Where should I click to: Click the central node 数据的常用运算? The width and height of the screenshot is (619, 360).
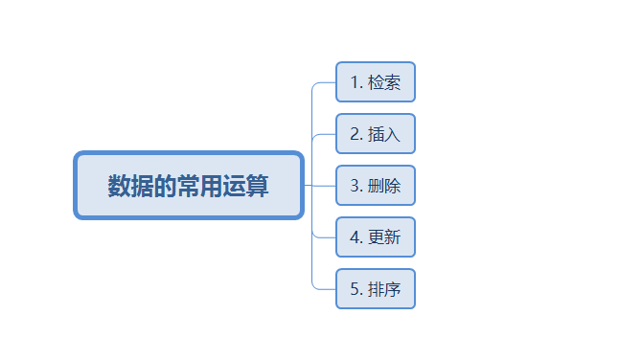click(x=189, y=185)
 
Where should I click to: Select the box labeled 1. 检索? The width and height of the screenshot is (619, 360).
click(x=376, y=81)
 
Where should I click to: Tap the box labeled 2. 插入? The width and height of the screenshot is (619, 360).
click(x=376, y=133)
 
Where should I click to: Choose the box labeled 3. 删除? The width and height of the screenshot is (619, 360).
click(x=376, y=185)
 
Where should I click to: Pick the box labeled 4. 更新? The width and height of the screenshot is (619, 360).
click(x=376, y=236)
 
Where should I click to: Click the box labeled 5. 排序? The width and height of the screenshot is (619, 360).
click(x=376, y=288)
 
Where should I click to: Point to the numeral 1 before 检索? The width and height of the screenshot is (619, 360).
click(x=355, y=82)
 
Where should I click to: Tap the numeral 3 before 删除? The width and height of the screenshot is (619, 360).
click(x=355, y=186)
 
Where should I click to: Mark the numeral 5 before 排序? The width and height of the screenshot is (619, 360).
click(x=355, y=289)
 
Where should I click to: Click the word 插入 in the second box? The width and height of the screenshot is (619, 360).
click(x=384, y=134)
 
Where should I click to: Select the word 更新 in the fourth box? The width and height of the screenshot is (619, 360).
click(x=384, y=237)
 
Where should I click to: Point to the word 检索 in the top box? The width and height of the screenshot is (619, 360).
click(x=384, y=82)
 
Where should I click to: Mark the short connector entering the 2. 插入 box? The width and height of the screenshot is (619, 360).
click(x=325, y=133)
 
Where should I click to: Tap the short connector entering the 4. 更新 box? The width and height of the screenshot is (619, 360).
click(x=325, y=236)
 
